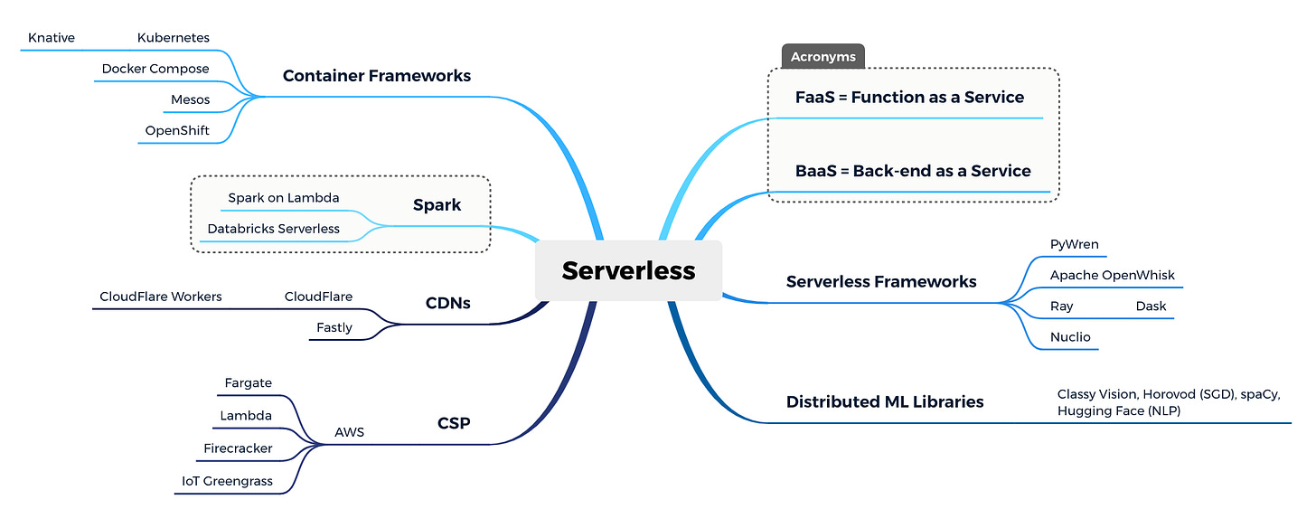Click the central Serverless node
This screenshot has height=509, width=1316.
click(628, 270)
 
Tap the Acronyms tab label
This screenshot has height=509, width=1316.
click(823, 56)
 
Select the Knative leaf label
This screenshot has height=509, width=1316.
click(52, 38)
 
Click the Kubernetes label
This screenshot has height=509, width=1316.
click(174, 38)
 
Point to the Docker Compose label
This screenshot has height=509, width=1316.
click(155, 69)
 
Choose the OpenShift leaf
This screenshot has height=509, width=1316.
click(177, 130)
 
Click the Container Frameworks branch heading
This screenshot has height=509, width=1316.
click(377, 76)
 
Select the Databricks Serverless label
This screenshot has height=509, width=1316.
click(273, 229)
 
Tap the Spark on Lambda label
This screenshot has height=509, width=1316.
click(283, 198)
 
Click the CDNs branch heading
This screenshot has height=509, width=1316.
click(447, 303)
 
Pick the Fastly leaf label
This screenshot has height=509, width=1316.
click(334, 327)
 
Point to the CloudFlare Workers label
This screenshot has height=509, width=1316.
click(160, 297)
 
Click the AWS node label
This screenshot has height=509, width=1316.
click(350, 432)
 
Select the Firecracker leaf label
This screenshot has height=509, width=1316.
click(238, 448)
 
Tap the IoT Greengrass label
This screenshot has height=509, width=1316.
click(227, 481)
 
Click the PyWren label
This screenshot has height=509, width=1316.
click(1074, 244)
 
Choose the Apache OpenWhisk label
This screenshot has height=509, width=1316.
click(1112, 275)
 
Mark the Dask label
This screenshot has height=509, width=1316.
click(1151, 306)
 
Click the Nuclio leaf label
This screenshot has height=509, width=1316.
click(1070, 337)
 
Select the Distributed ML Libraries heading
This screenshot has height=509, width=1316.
click(885, 402)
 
